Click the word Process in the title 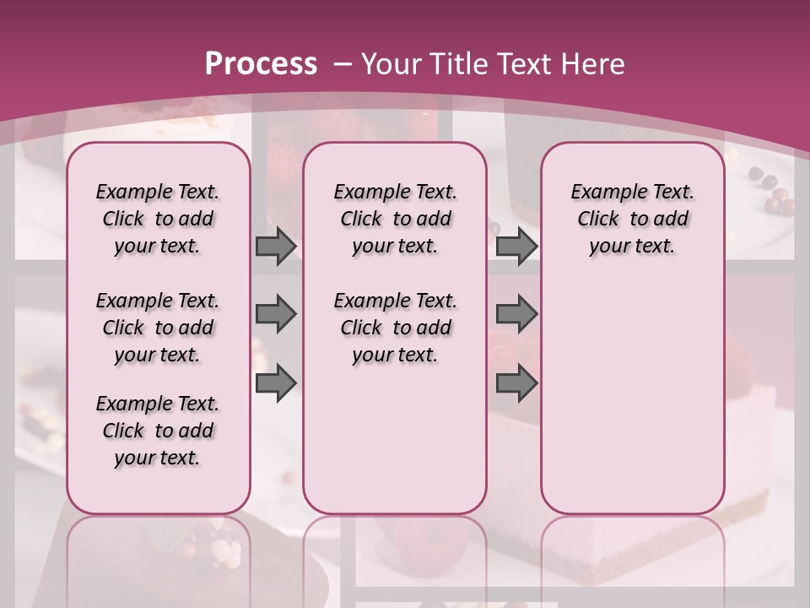point(261,63)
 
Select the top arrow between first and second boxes point(276,246)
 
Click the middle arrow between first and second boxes point(276,314)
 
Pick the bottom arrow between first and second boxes point(276,383)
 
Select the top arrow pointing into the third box point(516,246)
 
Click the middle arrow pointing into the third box point(516,314)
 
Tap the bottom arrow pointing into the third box point(516,383)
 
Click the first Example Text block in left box point(158,219)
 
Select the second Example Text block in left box point(158,328)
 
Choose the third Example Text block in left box point(158,431)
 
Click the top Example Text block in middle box point(395,219)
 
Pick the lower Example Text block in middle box point(395,328)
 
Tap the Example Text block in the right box point(632,219)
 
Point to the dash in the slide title point(343,64)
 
